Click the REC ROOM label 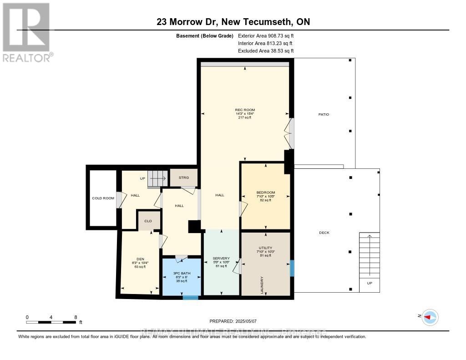click(x=245, y=110)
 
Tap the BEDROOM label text click(x=266, y=193)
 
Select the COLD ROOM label click(x=103, y=198)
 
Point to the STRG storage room click(x=183, y=177)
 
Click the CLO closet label click(x=148, y=221)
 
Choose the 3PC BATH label click(x=182, y=273)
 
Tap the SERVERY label click(x=221, y=259)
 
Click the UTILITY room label click(x=266, y=248)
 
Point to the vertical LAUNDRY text click(x=262, y=285)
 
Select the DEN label click(x=134, y=259)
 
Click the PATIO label click(x=324, y=114)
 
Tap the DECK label click(x=324, y=233)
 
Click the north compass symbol click(x=430, y=317)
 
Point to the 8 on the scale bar click(x=76, y=317)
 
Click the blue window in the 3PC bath click(x=191, y=298)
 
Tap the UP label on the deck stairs click(x=369, y=283)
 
